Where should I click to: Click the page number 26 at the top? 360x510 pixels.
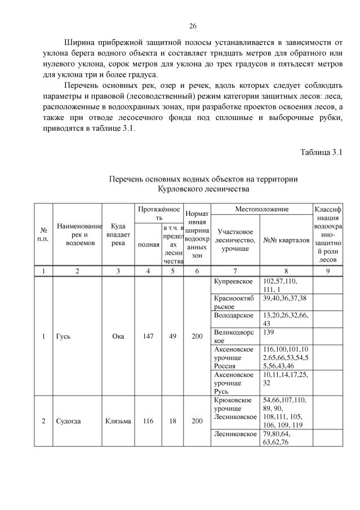coord(192,26)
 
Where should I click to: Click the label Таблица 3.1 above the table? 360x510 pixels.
coord(321,153)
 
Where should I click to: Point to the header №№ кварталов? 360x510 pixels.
coord(286,240)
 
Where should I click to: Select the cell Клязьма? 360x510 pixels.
coord(118,421)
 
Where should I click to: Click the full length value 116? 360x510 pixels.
coord(148,421)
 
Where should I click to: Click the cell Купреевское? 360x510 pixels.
coord(232,281)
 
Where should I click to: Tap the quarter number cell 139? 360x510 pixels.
coord(269,332)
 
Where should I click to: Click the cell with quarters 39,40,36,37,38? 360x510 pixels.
coord(285,298)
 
